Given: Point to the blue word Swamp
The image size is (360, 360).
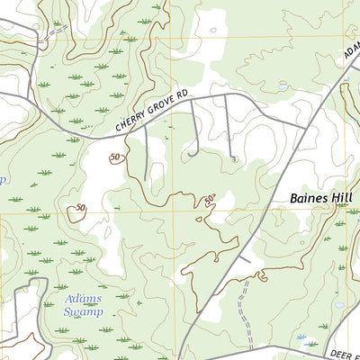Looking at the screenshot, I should [x=83, y=311].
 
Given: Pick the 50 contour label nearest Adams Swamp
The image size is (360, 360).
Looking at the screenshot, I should [x=81, y=209].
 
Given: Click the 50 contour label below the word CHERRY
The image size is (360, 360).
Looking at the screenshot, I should [x=115, y=158].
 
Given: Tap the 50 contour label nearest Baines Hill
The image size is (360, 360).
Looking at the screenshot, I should [x=210, y=199].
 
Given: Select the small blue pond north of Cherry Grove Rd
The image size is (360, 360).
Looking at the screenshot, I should [x=283, y=86].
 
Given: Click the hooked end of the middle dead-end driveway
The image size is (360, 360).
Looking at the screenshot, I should [x=191, y=155].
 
